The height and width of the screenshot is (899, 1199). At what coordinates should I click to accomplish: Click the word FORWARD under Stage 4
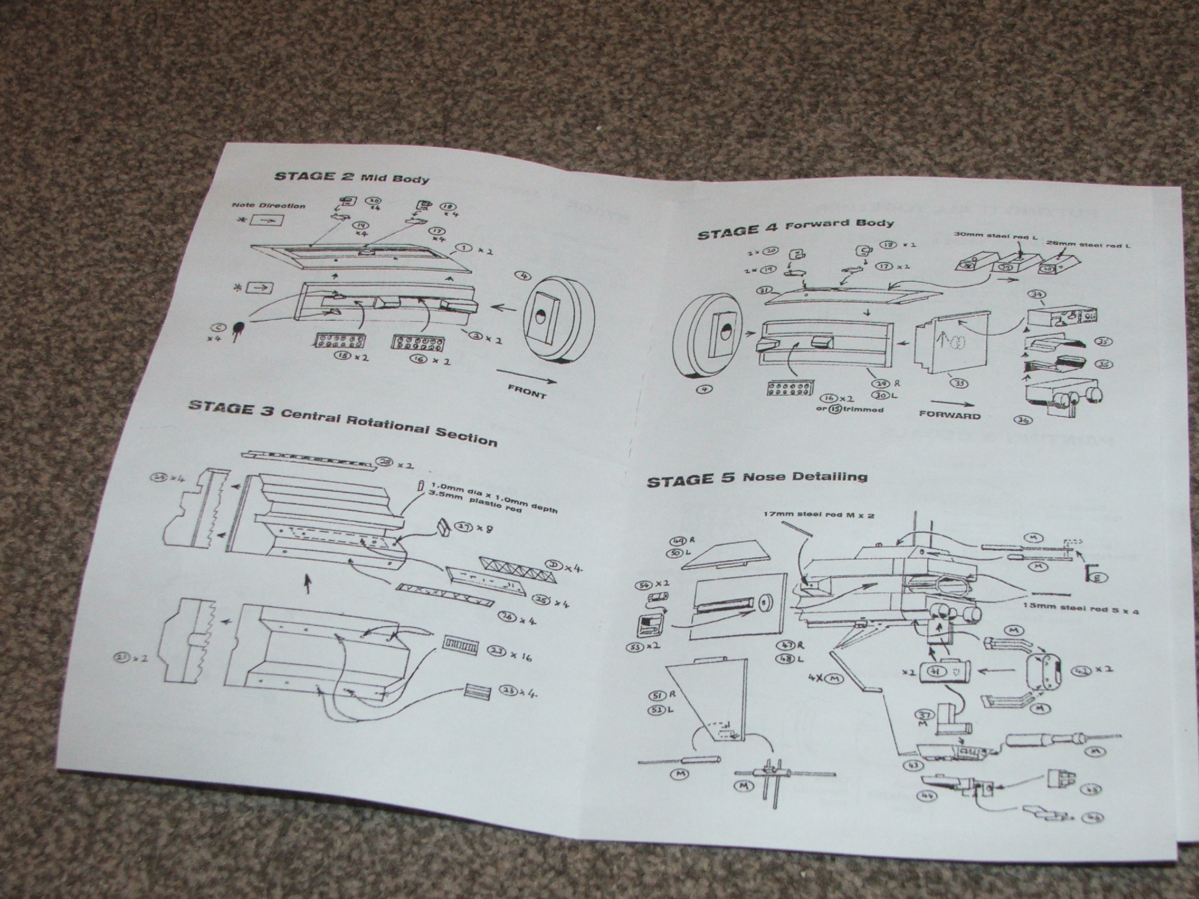[950, 416]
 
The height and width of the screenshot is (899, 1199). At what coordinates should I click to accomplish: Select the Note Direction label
[268, 205]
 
